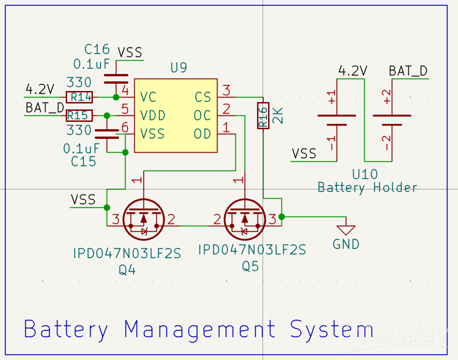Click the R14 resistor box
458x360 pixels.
tap(80, 97)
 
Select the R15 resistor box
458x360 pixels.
tap(80, 115)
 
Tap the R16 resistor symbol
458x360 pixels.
tap(263, 115)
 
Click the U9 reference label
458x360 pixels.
tap(178, 68)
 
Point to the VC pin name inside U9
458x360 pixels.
tap(149, 97)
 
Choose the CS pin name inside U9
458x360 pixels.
tap(202, 97)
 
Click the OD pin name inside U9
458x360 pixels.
tap(202, 134)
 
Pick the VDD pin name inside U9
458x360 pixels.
tap(153, 115)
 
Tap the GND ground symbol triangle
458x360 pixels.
tap(346, 229)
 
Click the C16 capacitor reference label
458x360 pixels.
tap(97, 49)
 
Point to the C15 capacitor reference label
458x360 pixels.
tap(84, 161)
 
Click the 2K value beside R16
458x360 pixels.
tap(278, 115)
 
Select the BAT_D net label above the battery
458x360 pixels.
tap(408, 71)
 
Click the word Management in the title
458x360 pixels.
tap(200, 330)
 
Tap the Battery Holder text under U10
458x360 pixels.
tap(367, 188)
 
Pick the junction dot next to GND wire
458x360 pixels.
tap(281, 217)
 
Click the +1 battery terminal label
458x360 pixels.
tap(332, 98)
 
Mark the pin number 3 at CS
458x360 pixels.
tap(226, 89)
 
